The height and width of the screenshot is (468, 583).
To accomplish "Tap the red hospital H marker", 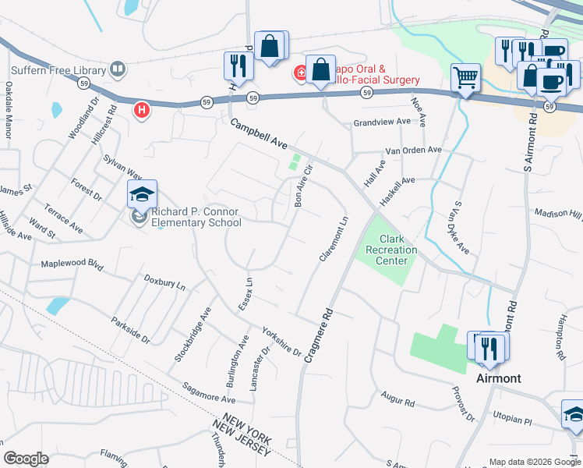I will pos(141,110).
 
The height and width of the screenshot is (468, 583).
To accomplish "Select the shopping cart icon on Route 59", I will pos(465,79).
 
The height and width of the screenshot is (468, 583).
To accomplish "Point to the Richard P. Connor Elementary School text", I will pos(196,217).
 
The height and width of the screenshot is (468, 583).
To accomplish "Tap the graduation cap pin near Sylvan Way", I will pos(143,194).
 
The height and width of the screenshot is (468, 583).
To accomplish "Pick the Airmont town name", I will pos(498,378).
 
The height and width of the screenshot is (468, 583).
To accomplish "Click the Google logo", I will pos(26,459).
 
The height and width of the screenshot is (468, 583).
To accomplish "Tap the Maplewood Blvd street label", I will pos(72,265).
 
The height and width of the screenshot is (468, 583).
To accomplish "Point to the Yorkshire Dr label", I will pos(281,340).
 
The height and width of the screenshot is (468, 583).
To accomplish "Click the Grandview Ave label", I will pos(381,122).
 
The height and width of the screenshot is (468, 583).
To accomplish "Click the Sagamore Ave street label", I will pos(208,392).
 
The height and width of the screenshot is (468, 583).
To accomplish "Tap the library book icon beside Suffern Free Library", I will pos(118,69).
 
